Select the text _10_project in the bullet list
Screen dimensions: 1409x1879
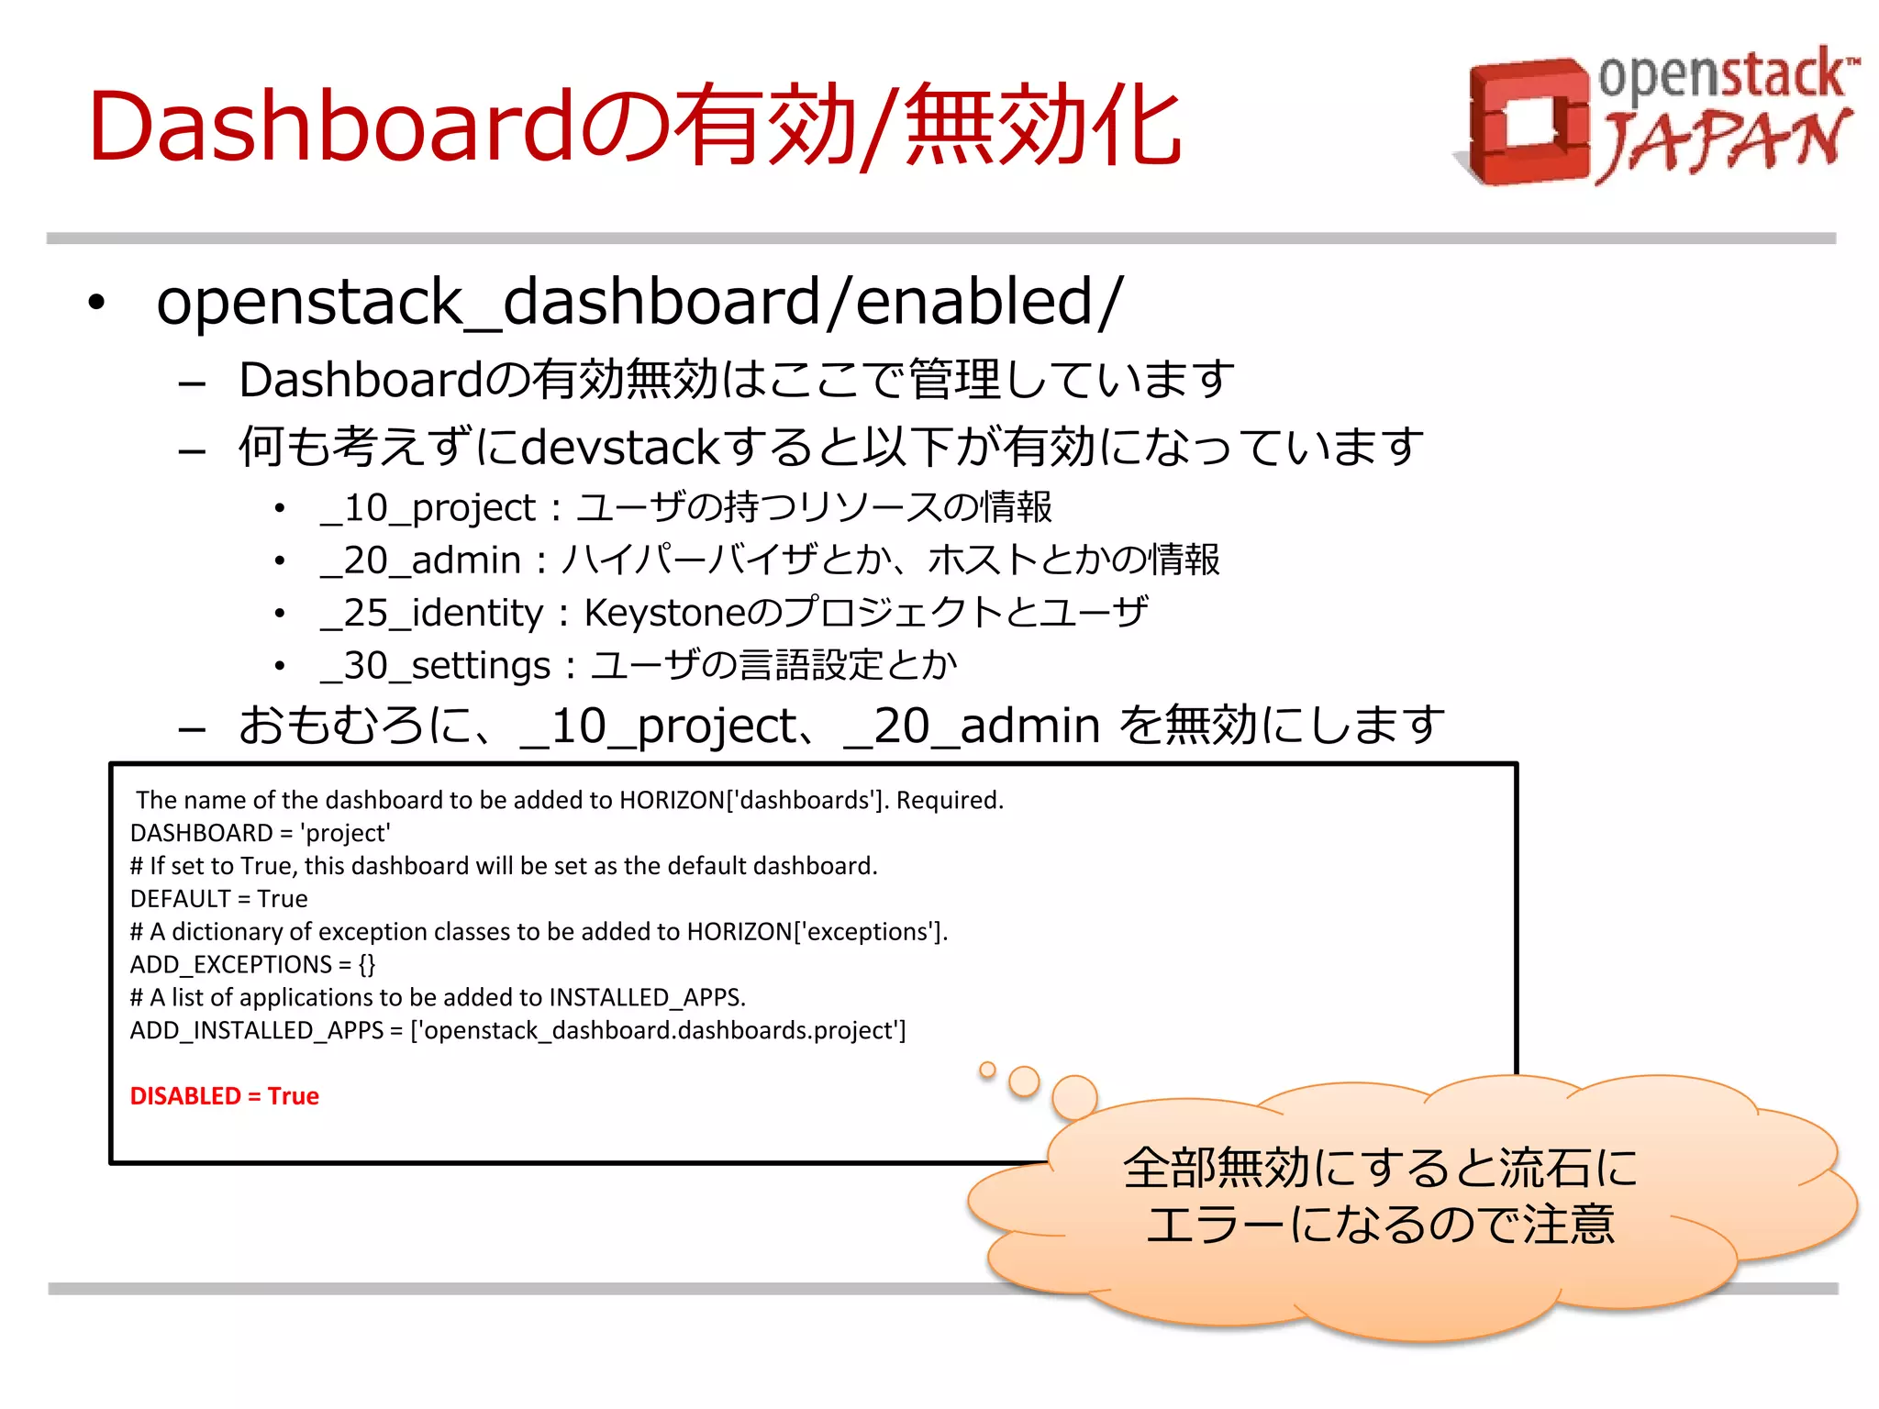point(428,508)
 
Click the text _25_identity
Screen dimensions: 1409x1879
point(431,613)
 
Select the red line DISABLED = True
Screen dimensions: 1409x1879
point(224,1096)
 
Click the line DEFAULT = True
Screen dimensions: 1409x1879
point(218,899)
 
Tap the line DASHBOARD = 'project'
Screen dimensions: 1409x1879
point(260,833)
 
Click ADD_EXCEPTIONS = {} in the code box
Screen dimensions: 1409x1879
point(252,965)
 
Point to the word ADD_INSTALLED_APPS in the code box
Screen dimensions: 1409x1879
point(256,1031)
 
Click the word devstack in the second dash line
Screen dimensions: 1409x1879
point(620,448)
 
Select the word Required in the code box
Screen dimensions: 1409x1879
point(948,801)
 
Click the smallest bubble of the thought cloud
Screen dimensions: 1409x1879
point(987,1070)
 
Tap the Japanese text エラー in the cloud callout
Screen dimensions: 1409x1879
point(1216,1226)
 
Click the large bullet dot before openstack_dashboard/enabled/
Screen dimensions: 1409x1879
point(97,303)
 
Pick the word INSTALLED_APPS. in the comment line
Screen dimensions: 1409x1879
point(647,998)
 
